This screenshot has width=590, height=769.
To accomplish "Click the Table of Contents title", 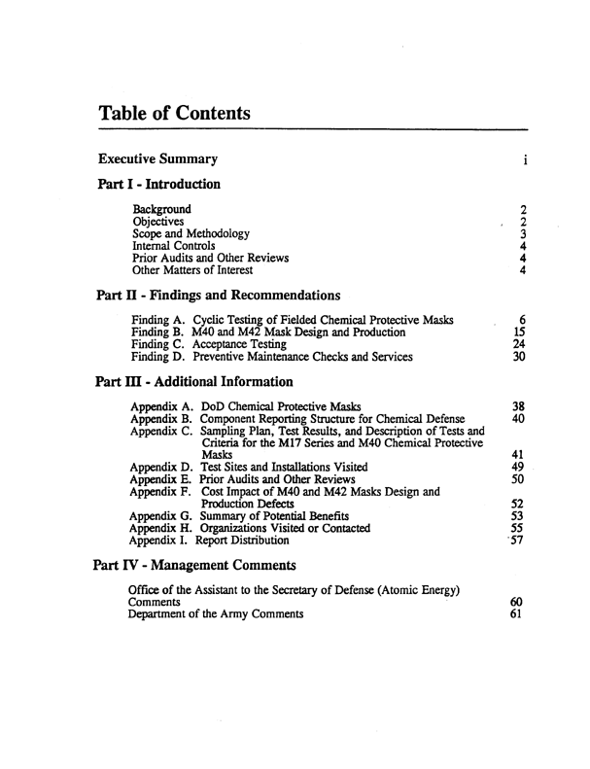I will click(175, 115).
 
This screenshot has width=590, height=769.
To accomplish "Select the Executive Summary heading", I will click(158, 158).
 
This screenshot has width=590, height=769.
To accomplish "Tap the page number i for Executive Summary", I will click(524, 159).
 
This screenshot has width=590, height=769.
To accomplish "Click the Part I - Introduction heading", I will click(159, 184).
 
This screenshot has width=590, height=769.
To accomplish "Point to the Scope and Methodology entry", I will click(191, 233).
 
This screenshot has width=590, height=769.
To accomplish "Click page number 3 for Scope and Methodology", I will click(523, 233).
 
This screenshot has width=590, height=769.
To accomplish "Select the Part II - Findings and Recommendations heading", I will click(219, 295).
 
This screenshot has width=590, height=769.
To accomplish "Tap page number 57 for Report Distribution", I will click(519, 541).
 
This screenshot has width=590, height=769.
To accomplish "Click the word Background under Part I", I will click(161, 208).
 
